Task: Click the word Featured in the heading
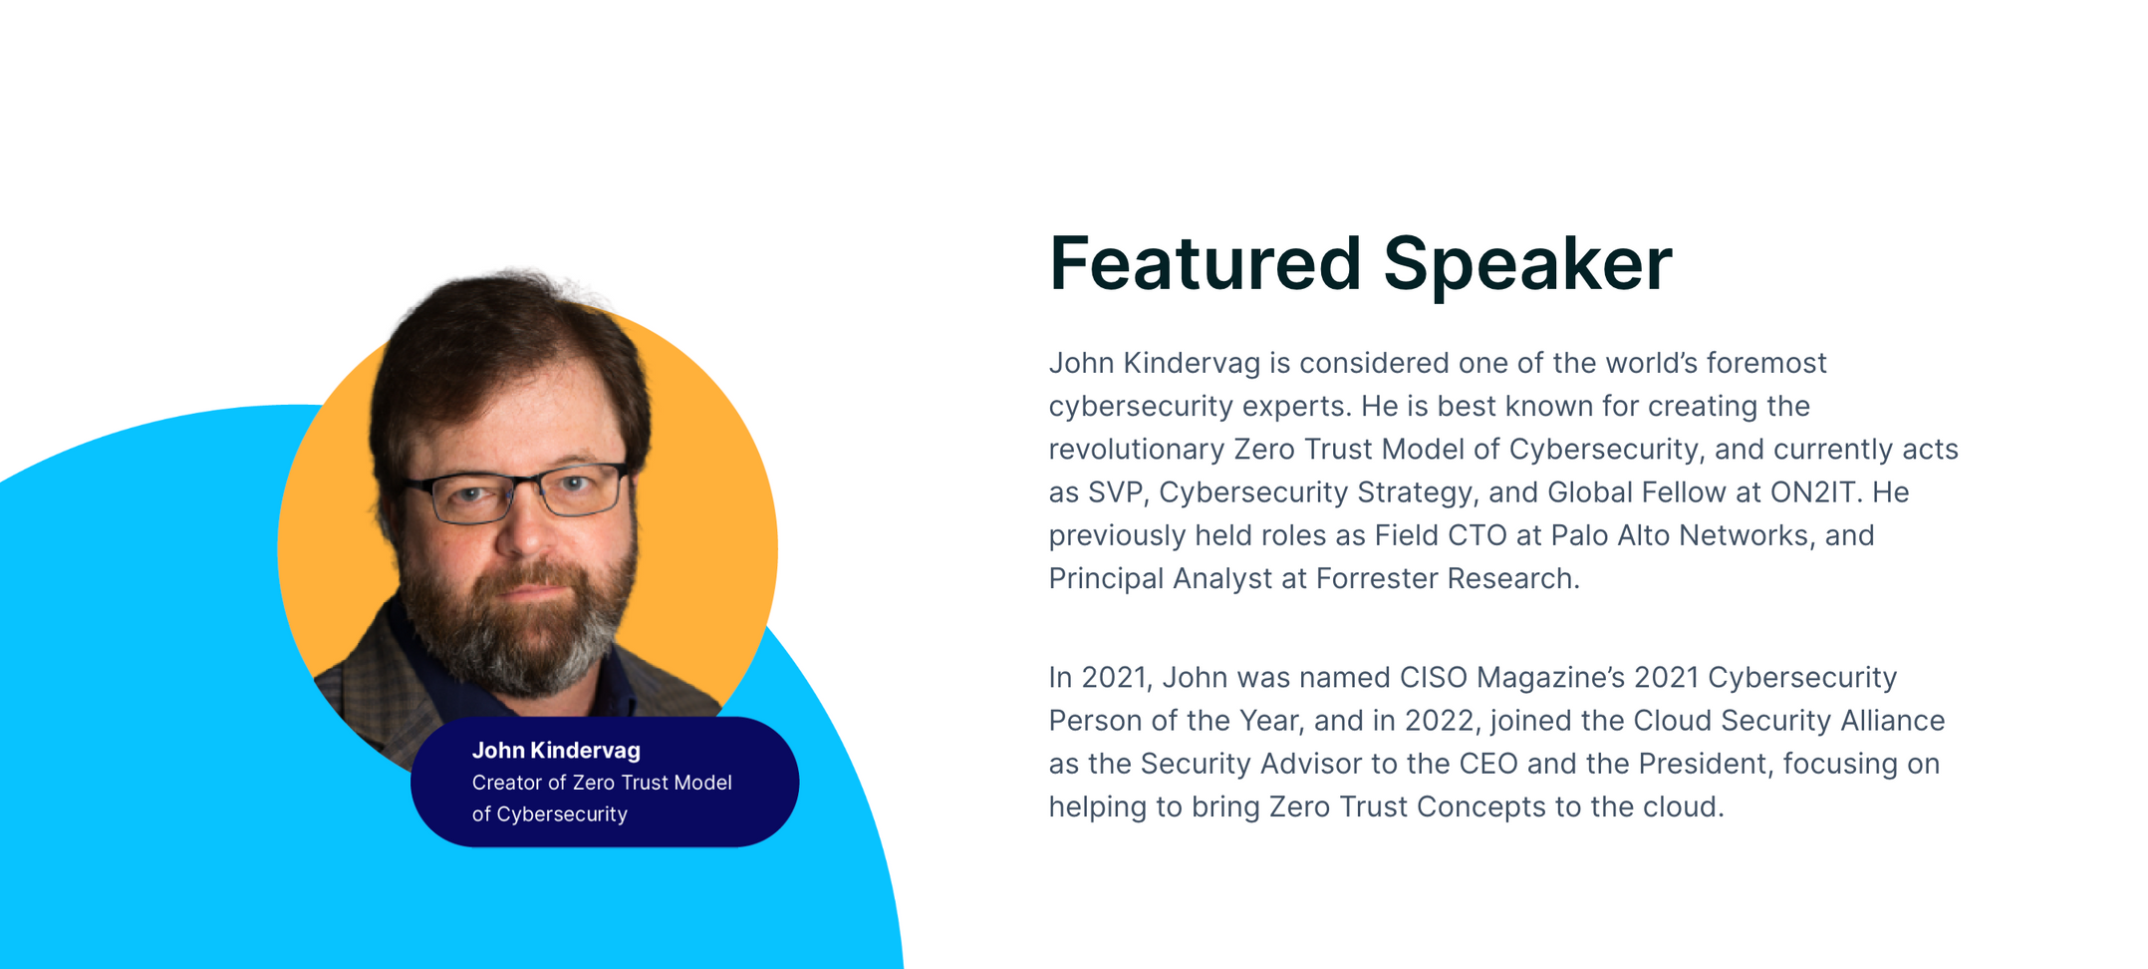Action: pyautogui.click(x=1205, y=263)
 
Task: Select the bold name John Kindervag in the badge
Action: pyautogui.click(x=556, y=751)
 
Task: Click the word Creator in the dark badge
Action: pyautogui.click(x=506, y=783)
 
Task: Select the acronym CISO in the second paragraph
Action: pyautogui.click(x=1434, y=678)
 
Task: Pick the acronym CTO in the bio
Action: pyautogui.click(x=1478, y=535)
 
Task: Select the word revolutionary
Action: pyautogui.click(x=1137, y=450)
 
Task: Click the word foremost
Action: pyautogui.click(x=1766, y=363)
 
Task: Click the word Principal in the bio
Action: pyautogui.click(x=1107, y=579)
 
